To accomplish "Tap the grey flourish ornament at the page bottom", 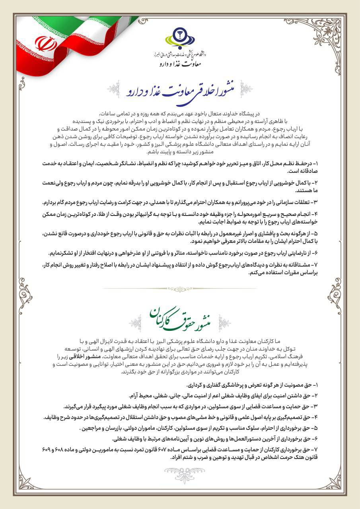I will tap(180, 470).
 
